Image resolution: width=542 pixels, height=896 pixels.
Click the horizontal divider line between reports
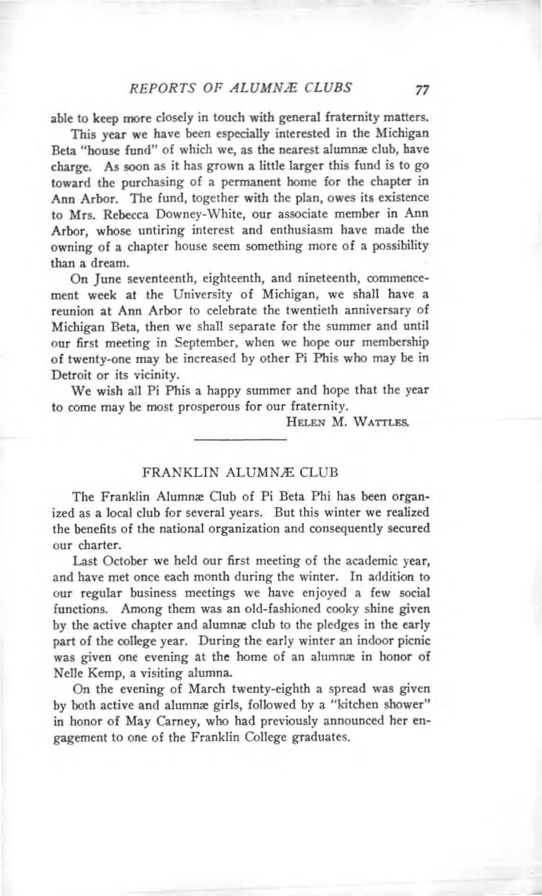[240, 441]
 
